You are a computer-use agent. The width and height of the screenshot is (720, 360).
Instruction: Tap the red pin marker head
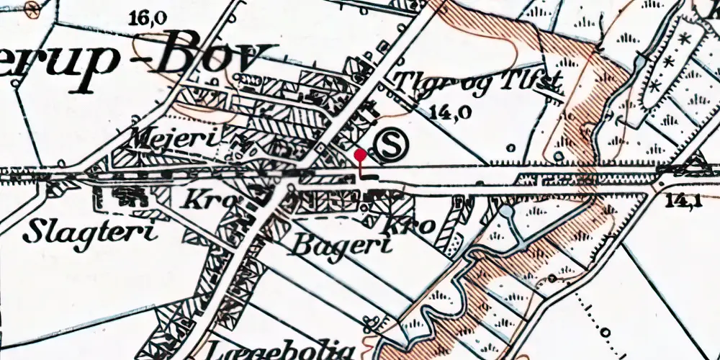click(361, 153)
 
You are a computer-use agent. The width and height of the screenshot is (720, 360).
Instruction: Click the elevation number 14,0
click(448, 112)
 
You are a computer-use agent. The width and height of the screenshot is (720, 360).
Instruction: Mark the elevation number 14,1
click(684, 202)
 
